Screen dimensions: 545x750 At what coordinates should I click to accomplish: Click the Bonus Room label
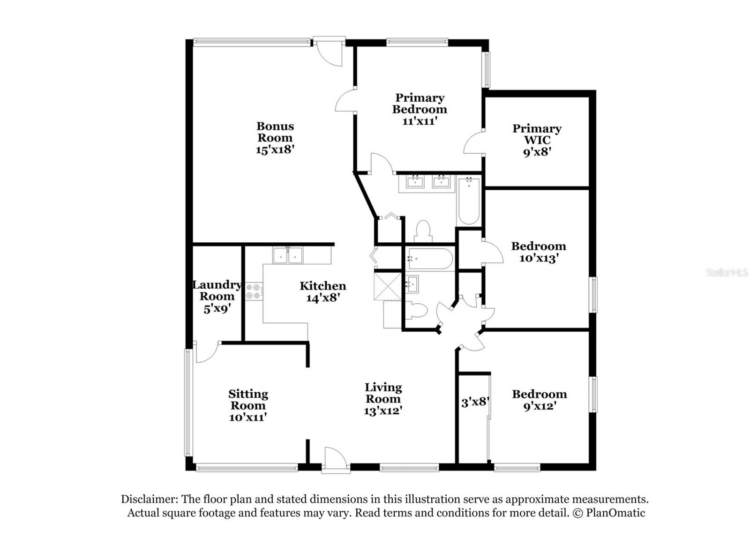tap(275, 132)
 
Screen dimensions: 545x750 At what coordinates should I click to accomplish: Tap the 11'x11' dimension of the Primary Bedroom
tap(420, 121)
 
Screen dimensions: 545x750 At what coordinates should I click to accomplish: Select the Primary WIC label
tap(537, 134)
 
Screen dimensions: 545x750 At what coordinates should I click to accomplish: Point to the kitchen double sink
tap(288, 255)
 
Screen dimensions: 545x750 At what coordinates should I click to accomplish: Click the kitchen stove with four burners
tap(254, 291)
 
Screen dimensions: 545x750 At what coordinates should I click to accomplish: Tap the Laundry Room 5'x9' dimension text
tap(217, 309)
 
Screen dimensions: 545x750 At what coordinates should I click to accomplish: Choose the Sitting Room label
tap(248, 399)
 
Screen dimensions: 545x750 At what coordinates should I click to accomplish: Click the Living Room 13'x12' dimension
tap(383, 411)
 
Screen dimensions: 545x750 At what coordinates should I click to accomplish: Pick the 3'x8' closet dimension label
tap(475, 402)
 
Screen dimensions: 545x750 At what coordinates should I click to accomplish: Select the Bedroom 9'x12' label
tap(539, 394)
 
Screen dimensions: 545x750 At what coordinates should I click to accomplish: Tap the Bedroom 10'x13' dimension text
tap(539, 258)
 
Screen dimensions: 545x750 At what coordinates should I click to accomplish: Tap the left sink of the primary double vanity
tap(415, 181)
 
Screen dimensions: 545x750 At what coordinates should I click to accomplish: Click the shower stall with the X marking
tap(388, 286)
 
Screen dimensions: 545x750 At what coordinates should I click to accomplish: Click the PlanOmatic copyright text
tap(609, 513)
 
